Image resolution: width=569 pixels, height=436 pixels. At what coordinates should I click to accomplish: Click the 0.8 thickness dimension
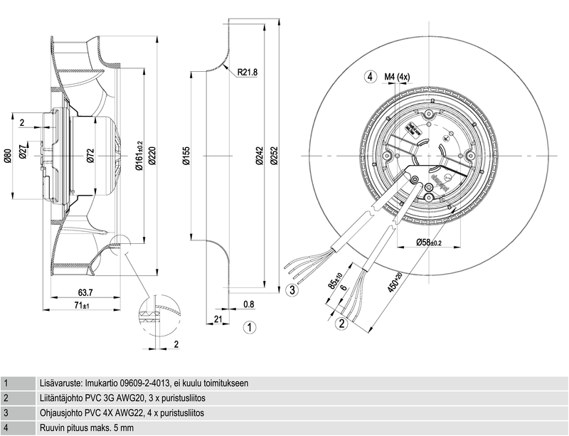248,304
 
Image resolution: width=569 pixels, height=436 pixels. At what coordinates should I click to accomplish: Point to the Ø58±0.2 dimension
428,243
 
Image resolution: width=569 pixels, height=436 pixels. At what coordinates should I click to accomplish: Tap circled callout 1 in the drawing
249,327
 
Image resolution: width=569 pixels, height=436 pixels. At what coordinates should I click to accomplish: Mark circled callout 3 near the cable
292,289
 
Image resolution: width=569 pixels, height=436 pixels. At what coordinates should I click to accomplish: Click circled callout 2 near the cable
341,324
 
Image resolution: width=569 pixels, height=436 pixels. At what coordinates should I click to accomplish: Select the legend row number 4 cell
6,428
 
